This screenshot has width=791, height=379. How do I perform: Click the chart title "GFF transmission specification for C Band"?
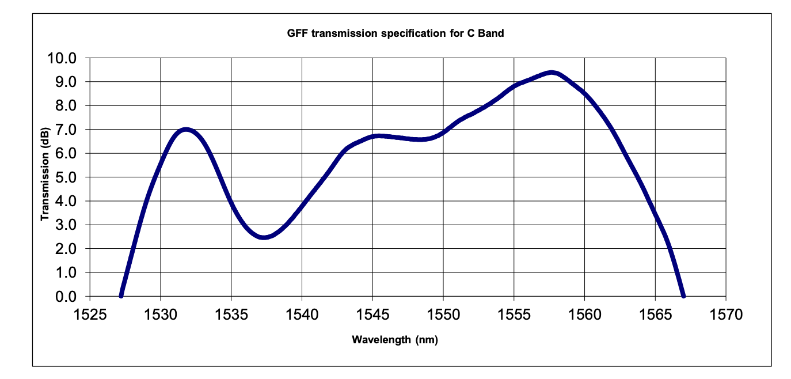click(395, 33)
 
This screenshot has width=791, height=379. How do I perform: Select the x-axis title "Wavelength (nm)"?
click(395, 340)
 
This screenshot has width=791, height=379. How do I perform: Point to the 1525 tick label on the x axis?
click(89, 315)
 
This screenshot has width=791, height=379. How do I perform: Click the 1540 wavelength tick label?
click(302, 315)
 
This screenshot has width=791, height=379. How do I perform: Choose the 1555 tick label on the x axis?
click(514, 315)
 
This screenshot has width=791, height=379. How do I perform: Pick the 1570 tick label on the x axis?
click(726, 315)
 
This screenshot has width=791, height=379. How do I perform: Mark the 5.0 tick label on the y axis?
click(68, 177)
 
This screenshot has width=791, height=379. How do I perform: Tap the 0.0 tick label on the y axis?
click(68, 297)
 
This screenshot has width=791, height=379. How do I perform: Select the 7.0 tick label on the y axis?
click(68, 130)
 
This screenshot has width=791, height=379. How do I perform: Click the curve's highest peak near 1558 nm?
click(552, 73)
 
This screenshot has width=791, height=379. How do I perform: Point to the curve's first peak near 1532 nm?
click(185, 130)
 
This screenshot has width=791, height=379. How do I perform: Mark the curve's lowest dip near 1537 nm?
click(264, 237)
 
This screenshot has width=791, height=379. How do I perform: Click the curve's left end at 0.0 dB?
click(121, 295)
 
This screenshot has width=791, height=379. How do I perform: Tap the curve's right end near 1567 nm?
click(683, 295)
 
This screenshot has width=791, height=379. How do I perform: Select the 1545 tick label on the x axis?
click(372, 315)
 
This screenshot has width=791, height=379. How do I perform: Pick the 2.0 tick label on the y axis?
click(68, 249)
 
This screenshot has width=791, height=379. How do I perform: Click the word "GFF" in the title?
click(296, 33)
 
